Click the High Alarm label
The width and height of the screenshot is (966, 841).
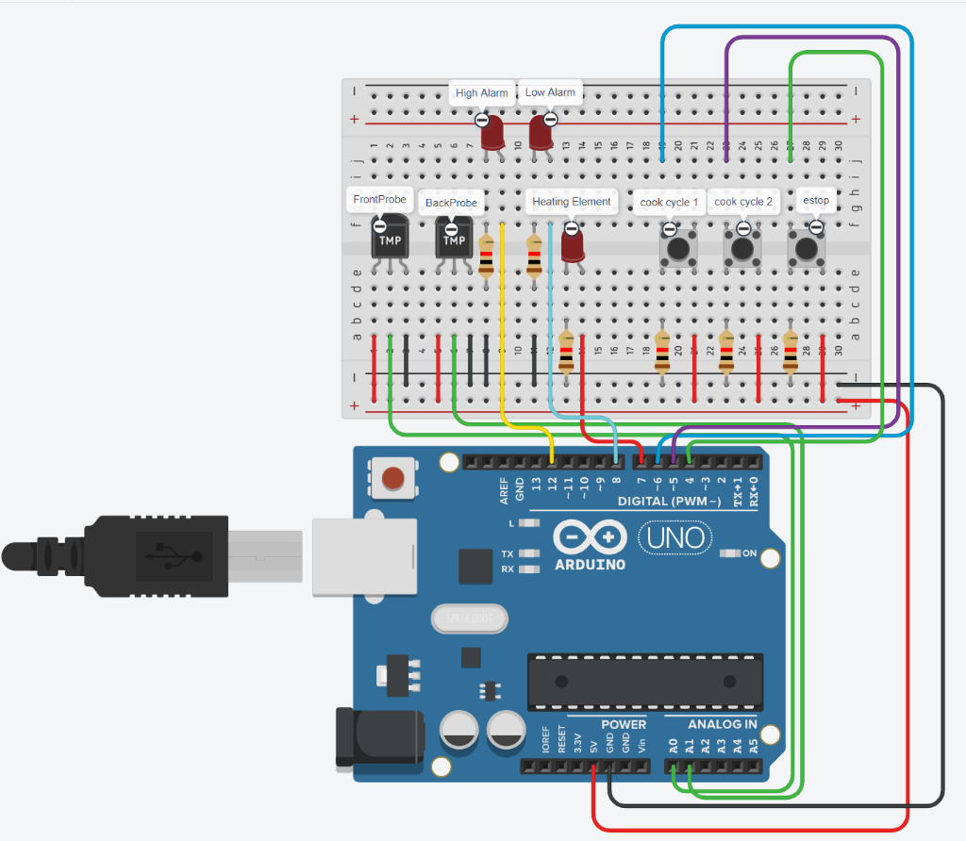tap(481, 92)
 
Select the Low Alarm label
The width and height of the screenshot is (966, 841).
tap(550, 92)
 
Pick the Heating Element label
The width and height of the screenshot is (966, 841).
tap(571, 202)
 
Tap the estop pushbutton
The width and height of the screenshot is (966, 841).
tap(807, 249)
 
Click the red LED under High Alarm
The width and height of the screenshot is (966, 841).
tap(492, 135)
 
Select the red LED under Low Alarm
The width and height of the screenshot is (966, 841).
tap(540, 133)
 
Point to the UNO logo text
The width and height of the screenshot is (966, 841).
tap(675, 537)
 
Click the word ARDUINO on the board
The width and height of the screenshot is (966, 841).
tap(590, 565)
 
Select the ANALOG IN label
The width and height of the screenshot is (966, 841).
tap(722, 724)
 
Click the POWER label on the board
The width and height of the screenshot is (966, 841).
tap(624, 724)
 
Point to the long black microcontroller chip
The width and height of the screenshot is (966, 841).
tap(644, 681)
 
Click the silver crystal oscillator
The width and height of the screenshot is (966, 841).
tap(470, 618)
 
